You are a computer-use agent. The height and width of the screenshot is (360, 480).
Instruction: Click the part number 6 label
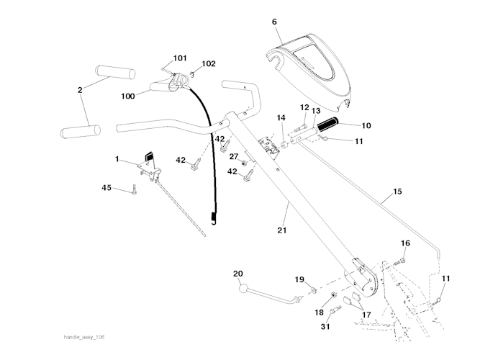(274, 22)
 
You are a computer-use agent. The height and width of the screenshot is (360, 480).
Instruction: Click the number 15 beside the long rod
(397, 193)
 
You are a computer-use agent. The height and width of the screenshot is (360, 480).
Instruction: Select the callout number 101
(179, 58)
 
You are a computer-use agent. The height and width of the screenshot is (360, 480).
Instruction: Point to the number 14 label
(281, 117)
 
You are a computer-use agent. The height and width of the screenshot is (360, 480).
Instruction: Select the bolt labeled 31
(335, 310)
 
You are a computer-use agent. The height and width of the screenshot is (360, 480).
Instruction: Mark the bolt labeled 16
(402, 260)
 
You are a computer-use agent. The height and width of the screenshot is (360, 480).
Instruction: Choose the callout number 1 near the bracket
(117, 158)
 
